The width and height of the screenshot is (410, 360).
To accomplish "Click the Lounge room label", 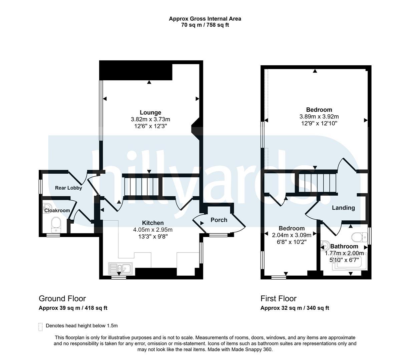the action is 150,112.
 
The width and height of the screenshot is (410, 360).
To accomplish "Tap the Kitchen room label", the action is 153,223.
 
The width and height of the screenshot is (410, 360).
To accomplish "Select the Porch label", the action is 219,220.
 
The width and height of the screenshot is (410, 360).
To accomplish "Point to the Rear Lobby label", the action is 68,188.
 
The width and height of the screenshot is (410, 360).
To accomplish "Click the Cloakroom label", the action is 57,211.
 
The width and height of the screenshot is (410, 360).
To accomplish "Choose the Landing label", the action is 343,208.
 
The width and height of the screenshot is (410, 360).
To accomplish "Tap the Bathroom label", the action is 344,246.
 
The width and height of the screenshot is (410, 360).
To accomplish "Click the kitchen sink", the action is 120,268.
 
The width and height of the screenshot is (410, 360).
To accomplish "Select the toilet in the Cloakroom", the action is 56,225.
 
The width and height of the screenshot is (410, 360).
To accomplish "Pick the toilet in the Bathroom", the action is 359,237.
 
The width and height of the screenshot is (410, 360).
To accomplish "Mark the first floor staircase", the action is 317,183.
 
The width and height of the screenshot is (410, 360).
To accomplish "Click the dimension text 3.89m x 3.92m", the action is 319,117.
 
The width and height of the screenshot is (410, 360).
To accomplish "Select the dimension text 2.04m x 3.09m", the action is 292,235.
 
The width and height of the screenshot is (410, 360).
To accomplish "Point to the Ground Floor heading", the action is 62,299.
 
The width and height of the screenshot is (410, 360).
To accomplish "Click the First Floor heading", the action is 279,299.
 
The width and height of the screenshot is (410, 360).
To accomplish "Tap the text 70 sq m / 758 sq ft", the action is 205,25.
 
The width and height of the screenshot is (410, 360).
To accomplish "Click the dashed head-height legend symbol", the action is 40,327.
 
